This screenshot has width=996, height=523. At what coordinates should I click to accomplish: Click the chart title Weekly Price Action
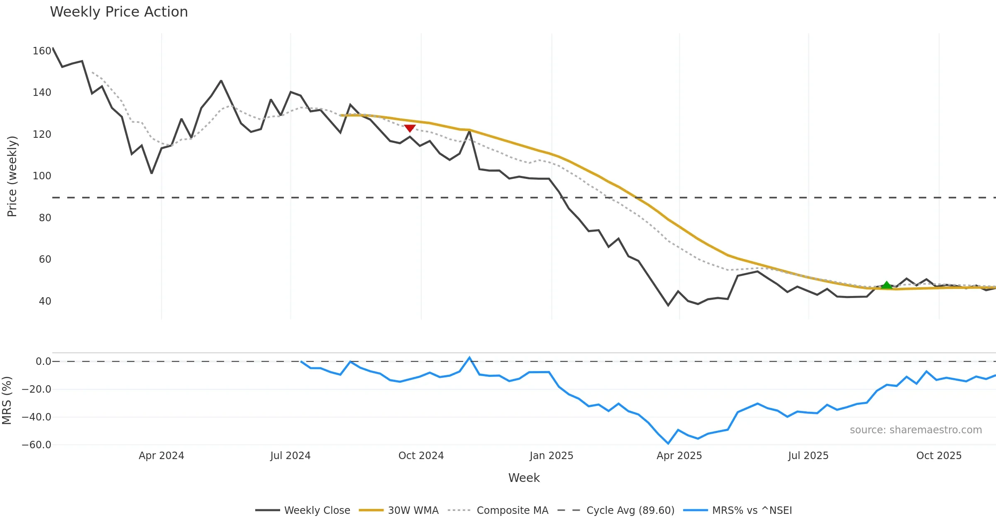[x=119, y=12]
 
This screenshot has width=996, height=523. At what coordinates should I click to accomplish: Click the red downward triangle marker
[x=410, y=128]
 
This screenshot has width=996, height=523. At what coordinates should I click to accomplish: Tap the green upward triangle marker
[x=886, y=285]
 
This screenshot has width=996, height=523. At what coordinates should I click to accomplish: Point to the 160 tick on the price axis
[x=42, y=51]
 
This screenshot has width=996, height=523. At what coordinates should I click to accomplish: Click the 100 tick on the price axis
[x=42, y=176]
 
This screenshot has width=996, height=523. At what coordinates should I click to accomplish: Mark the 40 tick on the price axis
[x=45, y=301]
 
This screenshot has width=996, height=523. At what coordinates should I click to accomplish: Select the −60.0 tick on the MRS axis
[x=37, y=445]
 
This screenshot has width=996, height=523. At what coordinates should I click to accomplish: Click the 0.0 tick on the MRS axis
[x=43, y=362]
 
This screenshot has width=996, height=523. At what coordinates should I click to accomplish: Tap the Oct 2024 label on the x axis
[x=421, y=456]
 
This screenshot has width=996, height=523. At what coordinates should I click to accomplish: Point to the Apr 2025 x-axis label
[x=679, y=456]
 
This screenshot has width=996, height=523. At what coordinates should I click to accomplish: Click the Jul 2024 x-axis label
[x=290, y=456]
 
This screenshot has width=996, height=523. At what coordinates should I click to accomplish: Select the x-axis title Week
[x=524, y=478]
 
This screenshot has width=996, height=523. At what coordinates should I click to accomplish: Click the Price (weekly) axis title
[x=12, y=176]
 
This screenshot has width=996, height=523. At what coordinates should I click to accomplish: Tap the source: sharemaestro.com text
[x=915, y=430]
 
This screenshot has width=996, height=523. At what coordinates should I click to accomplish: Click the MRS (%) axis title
[x=7, y=401]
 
